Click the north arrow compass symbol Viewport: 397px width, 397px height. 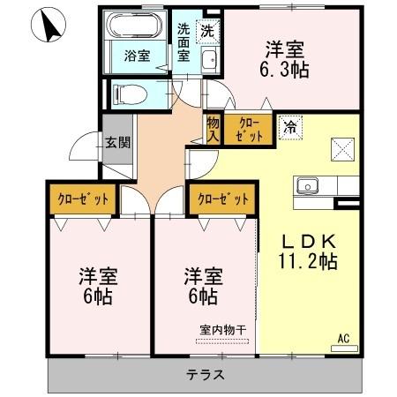(48, 25)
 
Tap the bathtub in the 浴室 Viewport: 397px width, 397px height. (134, 26)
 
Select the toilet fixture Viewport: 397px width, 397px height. (131, 94)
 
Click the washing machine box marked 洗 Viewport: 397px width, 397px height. (208, 32)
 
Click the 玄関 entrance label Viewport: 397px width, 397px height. (117, 143)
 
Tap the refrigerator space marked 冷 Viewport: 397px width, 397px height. (290, 128)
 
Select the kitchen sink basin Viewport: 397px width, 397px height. (307, 186)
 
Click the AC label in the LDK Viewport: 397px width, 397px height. (344, 338)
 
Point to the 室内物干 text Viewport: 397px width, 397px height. (222, 330)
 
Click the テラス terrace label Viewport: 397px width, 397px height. (206, 375)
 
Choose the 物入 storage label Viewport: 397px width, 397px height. (213, 130)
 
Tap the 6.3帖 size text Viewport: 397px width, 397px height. (284, 70)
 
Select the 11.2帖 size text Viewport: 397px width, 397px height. (308, 261)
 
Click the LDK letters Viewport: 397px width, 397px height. (309, 242)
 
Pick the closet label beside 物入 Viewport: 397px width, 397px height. (249, 130)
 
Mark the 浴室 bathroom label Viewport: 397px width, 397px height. (137, 56)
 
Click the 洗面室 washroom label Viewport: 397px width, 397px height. (184, 42)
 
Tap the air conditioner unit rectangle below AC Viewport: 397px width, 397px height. (344, 348)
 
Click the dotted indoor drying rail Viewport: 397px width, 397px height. (222, 341)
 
